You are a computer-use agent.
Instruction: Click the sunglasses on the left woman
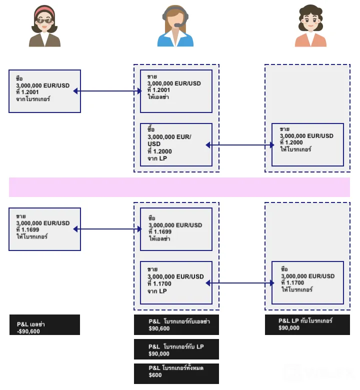[44, 21]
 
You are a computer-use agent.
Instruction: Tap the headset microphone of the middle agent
[178, 25]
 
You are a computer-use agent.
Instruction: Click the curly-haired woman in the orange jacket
[310, 25]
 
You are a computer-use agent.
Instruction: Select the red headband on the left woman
[44, 11]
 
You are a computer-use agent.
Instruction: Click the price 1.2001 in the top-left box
[30, 92]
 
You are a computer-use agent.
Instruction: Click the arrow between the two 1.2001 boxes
[107, 91]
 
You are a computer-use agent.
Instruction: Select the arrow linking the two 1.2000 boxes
[240, 145]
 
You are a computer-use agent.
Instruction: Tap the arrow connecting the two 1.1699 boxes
[107, 229]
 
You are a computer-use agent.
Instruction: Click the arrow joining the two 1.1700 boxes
[240, 283]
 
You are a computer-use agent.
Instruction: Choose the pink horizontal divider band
[179, 187]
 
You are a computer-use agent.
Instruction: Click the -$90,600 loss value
[28, 331]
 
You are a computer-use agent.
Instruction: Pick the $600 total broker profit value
[155, 375]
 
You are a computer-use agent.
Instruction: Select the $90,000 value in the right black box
[289, 328]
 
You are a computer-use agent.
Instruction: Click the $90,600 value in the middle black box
[159, 328]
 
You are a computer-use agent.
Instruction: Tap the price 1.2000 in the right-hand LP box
[294, 142]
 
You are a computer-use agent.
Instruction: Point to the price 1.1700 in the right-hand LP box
[295, 283]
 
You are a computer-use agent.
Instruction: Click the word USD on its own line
[154, 144]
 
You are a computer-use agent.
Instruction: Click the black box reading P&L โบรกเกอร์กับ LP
[176, 349]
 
